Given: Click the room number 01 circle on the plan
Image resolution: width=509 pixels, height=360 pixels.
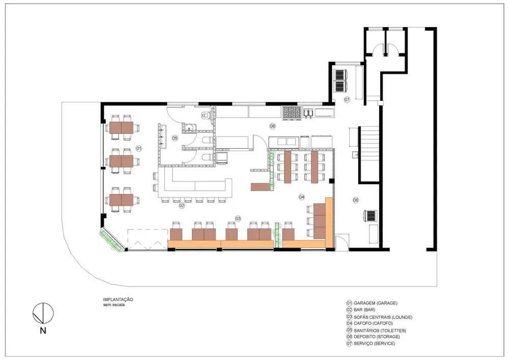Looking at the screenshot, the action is (x=138, y=148).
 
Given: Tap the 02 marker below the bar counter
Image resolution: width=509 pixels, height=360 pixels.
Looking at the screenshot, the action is (x=182, y=206).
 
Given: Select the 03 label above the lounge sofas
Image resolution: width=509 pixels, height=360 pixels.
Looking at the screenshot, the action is (x=238, y=218).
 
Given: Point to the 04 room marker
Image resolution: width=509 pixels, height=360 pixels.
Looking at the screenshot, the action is (x=301, y=197).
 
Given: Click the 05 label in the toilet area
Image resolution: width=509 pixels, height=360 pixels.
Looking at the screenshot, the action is (x=175, y=138).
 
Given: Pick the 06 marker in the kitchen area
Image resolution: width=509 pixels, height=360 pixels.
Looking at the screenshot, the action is (x=272, y=126).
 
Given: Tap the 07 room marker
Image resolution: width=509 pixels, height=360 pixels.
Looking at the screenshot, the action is (x=347, y=100).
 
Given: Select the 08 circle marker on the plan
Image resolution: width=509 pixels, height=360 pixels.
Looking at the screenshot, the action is (x=356, y=200).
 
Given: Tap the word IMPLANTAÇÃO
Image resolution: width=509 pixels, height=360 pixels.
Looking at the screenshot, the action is (x=118, y=299).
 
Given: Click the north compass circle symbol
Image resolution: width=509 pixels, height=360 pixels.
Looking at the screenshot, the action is (x=43, y=313).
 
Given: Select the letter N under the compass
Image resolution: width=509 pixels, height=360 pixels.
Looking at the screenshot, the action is (x=43, y=331).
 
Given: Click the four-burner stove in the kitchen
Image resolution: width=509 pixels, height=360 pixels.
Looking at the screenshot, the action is (x=292, y=113).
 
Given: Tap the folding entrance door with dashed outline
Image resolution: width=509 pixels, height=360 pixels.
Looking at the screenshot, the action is (x=148, y=240).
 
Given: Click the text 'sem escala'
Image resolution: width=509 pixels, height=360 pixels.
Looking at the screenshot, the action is (x=114, y=305).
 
